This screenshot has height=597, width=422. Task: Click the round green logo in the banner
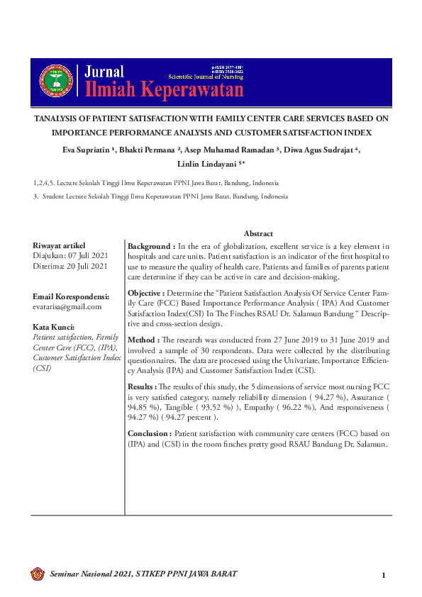point(55,80)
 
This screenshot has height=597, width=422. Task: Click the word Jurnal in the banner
point(104,72)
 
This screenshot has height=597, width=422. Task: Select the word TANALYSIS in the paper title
point(60,118)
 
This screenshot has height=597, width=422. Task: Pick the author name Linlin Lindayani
point(209,164)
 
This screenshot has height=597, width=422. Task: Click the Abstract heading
point(258,233)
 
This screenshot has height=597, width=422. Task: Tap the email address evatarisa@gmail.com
point(67,306)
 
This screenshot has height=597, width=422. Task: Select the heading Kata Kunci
point(54,327)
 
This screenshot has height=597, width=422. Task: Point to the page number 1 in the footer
point(383,575)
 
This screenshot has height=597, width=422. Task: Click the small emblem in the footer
point(38,574)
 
